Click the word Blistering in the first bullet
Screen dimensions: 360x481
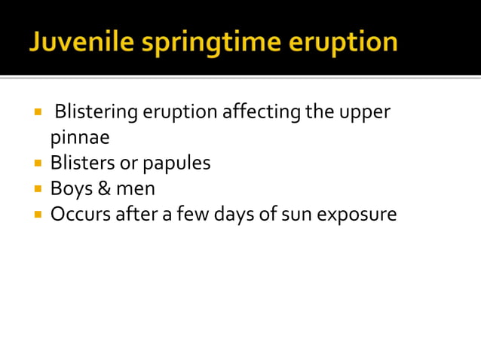point(96,113)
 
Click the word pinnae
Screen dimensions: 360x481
point(79,139)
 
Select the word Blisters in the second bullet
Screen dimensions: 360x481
point(78,163)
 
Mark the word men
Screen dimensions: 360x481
point(133,189)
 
